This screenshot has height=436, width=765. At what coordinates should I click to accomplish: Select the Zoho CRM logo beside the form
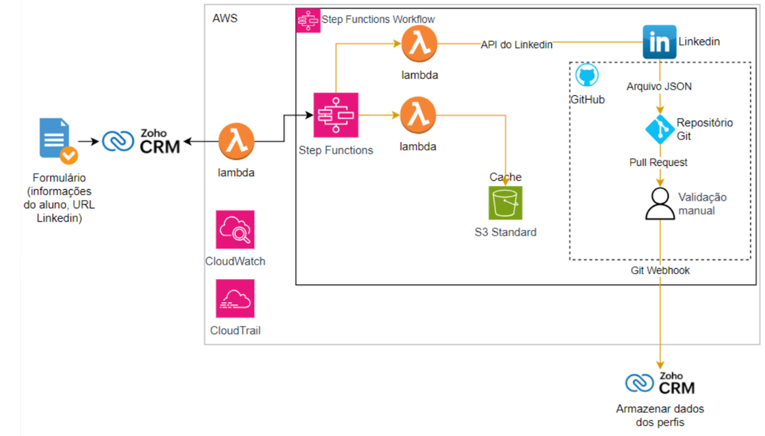coord(141,141)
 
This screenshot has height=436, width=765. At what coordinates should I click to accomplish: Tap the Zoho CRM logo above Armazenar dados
coord(660,384)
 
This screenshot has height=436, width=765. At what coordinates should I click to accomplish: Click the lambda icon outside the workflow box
coord(236,141)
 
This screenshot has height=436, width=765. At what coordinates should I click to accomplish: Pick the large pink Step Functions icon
coord(335,115)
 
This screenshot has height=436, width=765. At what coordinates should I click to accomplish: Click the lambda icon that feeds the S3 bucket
coord(418,116)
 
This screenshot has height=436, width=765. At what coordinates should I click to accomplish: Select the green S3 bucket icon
coord(505,204)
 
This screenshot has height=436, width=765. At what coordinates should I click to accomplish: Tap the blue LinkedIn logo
coord(659,42)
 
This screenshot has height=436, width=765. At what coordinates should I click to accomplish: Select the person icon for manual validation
coord(660,204)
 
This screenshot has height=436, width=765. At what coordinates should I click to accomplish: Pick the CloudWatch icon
coord(235,229)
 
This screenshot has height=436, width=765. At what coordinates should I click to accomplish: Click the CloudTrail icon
coord(235,298)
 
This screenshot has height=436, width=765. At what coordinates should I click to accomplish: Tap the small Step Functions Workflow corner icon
coord(309,20)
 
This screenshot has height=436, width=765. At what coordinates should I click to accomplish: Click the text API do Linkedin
coord(516,44)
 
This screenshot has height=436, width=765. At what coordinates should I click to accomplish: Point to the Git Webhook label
coord(660,271)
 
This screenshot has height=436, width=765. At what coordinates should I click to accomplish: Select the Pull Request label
coord(658,162)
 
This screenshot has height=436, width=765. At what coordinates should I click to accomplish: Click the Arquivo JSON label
coord(659,86)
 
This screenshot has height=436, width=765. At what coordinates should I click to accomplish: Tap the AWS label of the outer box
coord(225,18)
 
